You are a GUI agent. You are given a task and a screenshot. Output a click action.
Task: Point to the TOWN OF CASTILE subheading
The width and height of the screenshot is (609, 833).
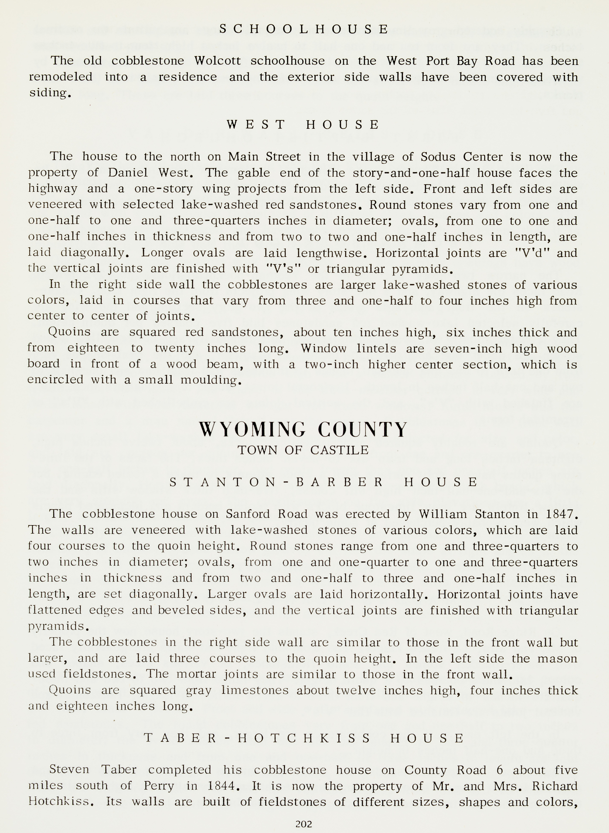[303, 450]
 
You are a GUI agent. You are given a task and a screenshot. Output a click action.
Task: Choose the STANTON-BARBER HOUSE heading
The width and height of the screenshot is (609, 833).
[324, 482]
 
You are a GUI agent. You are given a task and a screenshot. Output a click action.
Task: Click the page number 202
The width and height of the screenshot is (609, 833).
[304, 824]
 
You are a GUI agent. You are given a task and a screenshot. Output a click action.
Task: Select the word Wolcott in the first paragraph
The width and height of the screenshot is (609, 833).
[217, 61]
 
